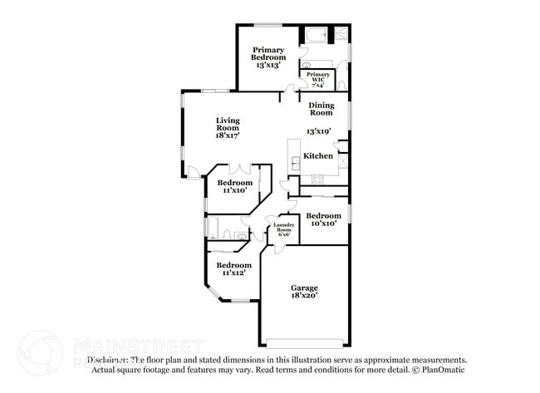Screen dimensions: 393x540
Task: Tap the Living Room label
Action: (228, 128)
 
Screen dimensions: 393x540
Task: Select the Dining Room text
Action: (321, 109)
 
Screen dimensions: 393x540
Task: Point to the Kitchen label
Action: (318, 156)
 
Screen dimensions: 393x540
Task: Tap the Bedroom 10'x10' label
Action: (323, 219)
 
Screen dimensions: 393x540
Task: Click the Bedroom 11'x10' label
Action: (234, 186)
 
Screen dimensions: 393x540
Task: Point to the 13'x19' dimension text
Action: (319, 131)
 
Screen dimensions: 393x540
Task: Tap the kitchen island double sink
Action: (295, 162)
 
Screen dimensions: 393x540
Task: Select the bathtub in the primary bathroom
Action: (317, 36)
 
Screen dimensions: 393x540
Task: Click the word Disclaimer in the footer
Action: (106, 361)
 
